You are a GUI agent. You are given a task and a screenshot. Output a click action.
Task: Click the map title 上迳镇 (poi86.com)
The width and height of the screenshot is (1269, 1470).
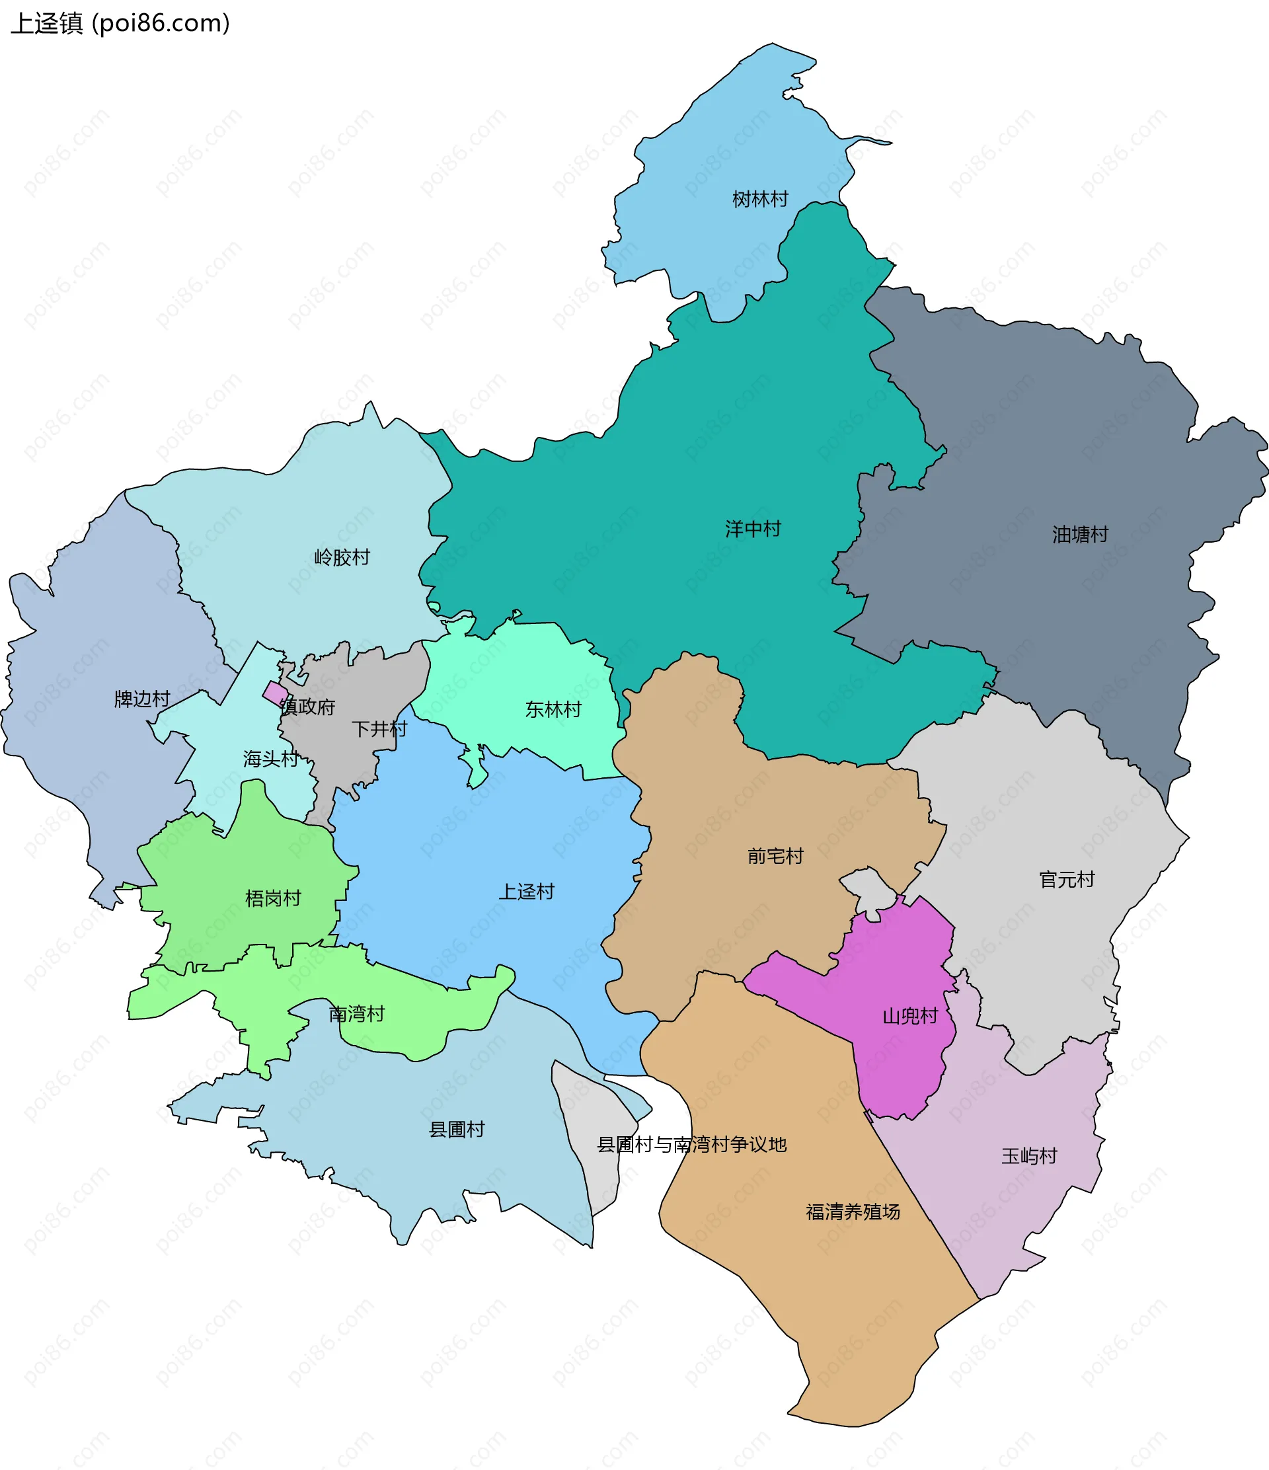(x=120, y=23)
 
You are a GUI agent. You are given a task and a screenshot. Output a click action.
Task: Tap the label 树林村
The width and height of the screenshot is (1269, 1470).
(x=759, y=200)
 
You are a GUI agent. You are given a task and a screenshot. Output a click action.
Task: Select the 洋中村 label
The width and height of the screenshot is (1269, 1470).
(x=753, y=529)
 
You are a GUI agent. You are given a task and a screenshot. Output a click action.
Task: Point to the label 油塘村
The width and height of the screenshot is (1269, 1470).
(x=1079, y=534)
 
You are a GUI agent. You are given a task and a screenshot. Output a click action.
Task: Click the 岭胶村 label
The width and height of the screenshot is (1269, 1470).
(x=342, y=557)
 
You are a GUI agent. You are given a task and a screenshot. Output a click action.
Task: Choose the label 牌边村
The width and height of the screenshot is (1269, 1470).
(x=142, y=699)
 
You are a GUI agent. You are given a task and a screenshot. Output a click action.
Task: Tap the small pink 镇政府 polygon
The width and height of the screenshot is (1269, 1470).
(x=275, y=693)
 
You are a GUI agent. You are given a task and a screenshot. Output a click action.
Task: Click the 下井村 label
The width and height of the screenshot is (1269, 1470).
(x=379, y=728)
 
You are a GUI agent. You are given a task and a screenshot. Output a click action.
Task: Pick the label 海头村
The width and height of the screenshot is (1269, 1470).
(x=271, y=759)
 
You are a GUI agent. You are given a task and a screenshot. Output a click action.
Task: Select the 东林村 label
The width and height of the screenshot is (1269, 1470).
(x=553, y=709)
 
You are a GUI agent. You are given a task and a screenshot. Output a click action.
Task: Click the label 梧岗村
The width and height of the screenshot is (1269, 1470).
(x=273, y=898)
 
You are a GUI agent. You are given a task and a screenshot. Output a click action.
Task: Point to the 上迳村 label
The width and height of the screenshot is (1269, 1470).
(x=526, y=892)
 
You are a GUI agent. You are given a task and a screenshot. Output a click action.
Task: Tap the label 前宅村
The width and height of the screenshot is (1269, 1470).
(x=775, y=857)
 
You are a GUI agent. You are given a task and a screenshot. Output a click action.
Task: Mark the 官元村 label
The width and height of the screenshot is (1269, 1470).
(x=1067, y=880)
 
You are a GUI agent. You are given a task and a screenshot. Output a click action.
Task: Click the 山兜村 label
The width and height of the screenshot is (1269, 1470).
(x=910, y=1016)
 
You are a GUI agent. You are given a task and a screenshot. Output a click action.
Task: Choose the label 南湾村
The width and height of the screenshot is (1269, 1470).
(x=357, y=1014)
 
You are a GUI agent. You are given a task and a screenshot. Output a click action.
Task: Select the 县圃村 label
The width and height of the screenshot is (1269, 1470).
(x=457, y=1130)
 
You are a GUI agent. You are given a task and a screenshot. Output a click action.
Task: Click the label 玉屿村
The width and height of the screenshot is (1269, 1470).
(x=1029, y=1156)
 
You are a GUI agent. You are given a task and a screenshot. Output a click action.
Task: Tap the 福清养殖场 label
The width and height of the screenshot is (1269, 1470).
(x=853, y=1212)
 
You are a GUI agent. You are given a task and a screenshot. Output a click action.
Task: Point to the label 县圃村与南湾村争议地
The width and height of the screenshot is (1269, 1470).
(x=691, y=1144)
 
